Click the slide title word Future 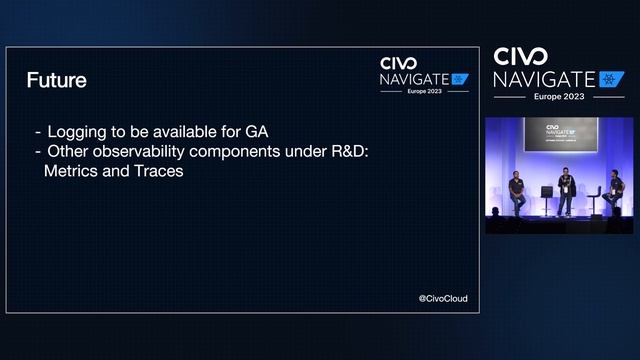(x=56, y=79)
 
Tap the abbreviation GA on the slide (x=257, y=131)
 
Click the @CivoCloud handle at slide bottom (x=442, y=298)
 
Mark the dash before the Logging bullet (x=38, y=131)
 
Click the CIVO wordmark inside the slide (x=399, y=63)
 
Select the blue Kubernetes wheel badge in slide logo (x=460, y=78)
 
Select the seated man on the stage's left (x=516, y=192)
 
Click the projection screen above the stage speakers (x=561, y=134)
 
